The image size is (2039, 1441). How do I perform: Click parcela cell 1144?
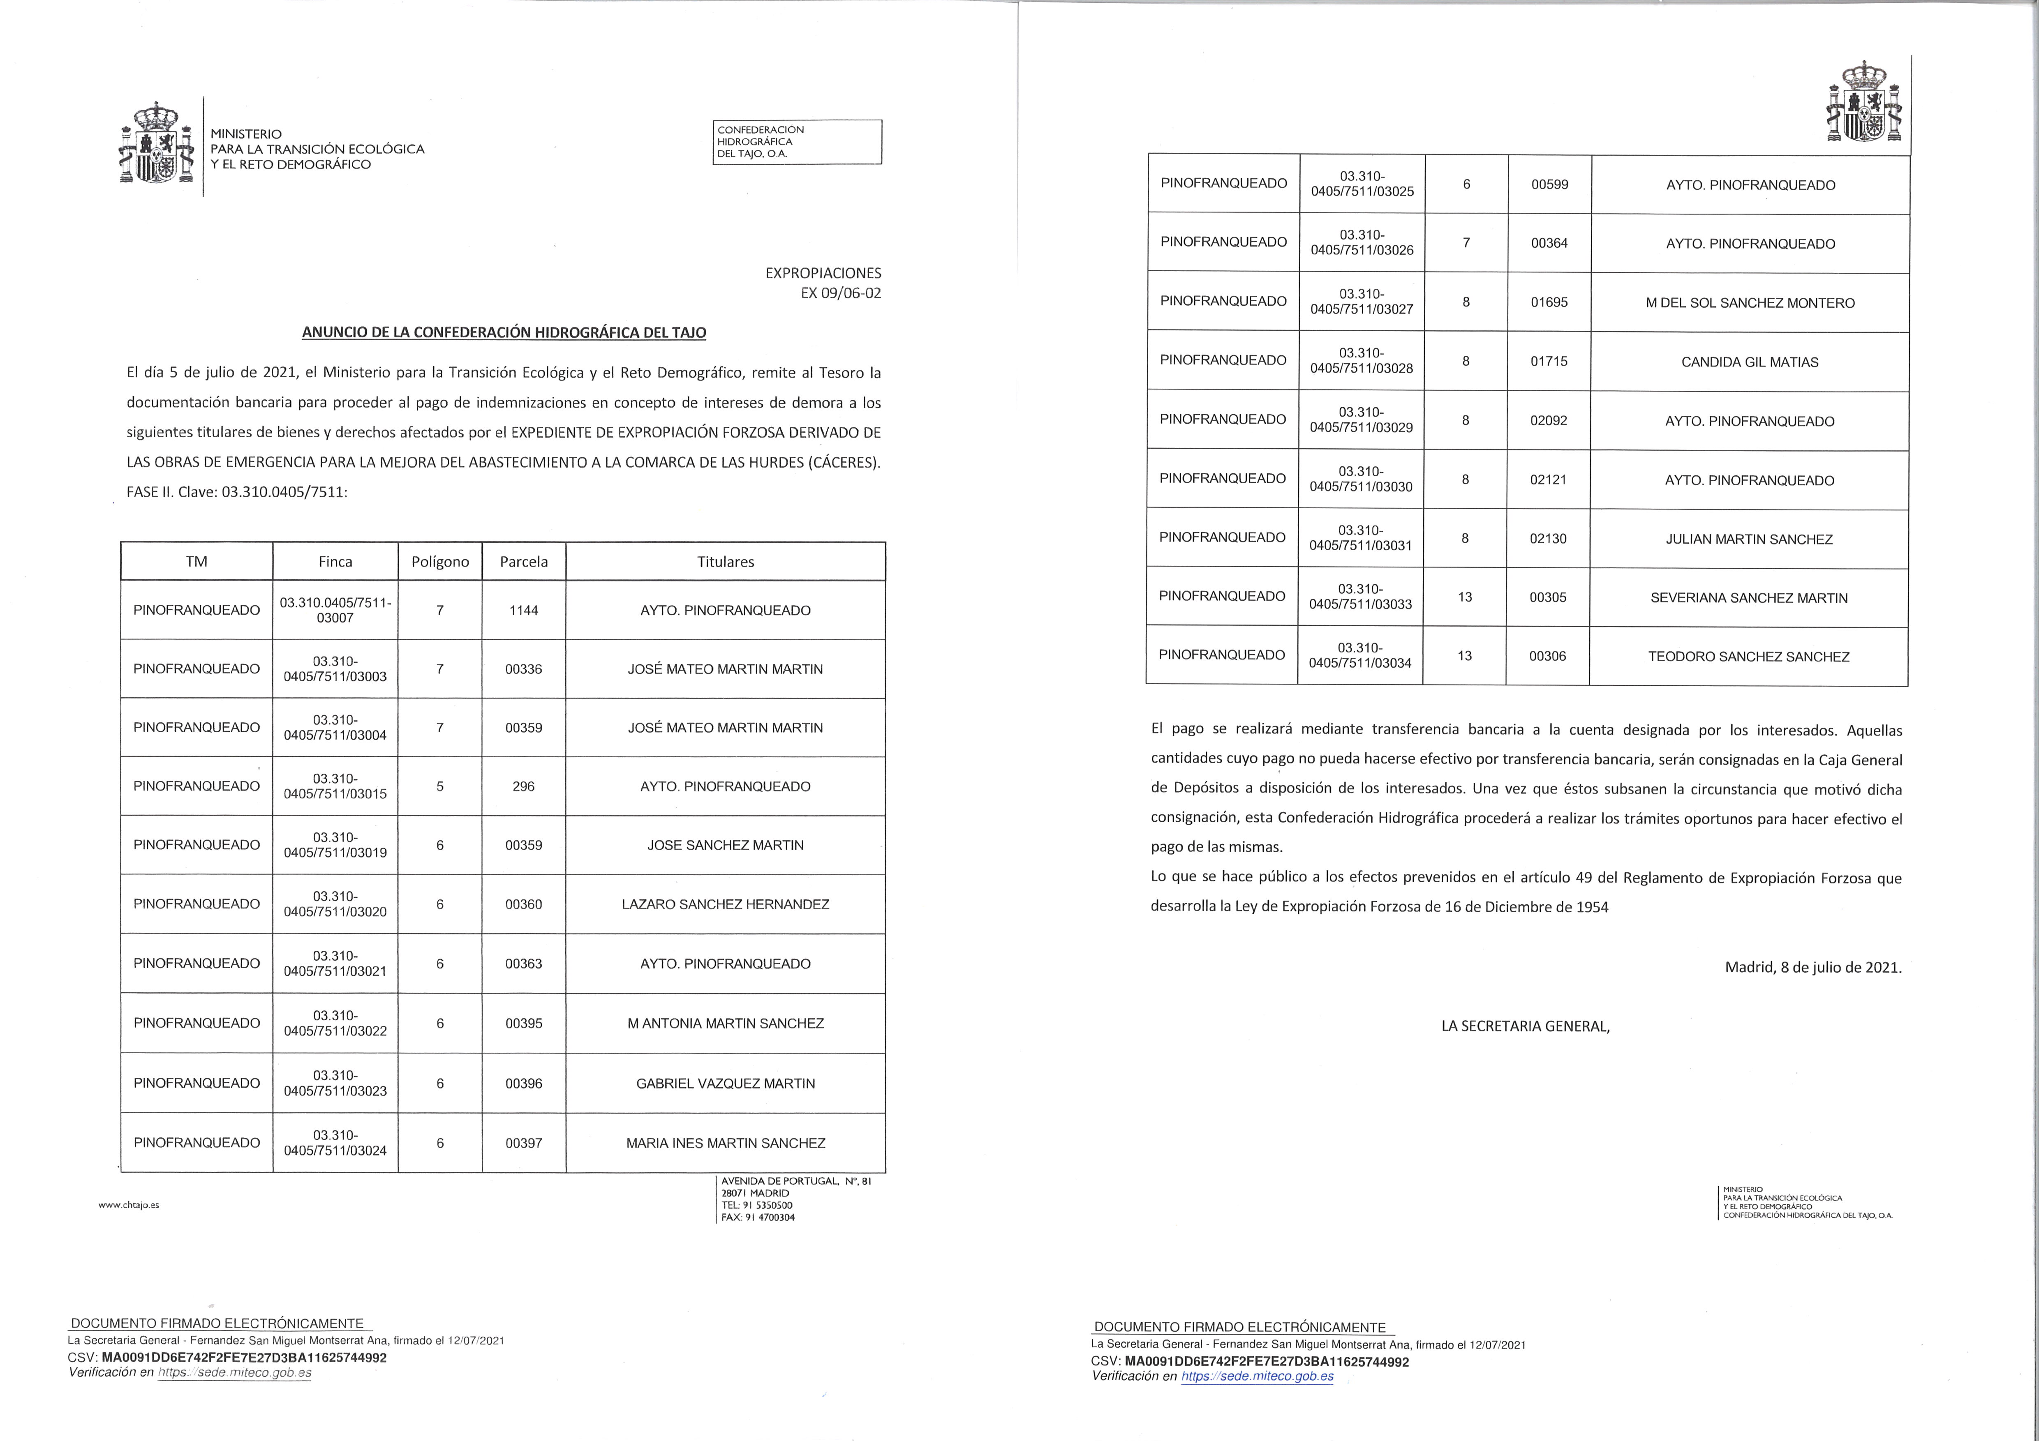[523, 610]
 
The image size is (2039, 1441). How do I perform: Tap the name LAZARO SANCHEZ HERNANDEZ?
[726, 904]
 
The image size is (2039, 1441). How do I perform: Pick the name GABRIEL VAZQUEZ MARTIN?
[726, 1083]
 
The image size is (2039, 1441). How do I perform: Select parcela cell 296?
[523, 786]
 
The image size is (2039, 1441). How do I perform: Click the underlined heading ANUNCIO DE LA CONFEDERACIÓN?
[504, 333]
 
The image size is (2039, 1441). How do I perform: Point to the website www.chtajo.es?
[129, 1205]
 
